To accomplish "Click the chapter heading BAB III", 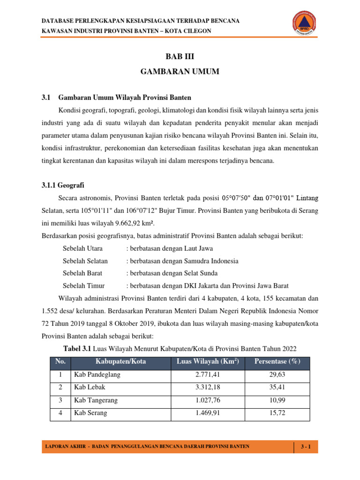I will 180,57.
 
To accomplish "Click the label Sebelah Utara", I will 82,248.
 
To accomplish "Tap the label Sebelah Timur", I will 83,285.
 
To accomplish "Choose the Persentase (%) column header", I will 277,361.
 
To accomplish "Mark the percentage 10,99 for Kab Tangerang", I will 277,400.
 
